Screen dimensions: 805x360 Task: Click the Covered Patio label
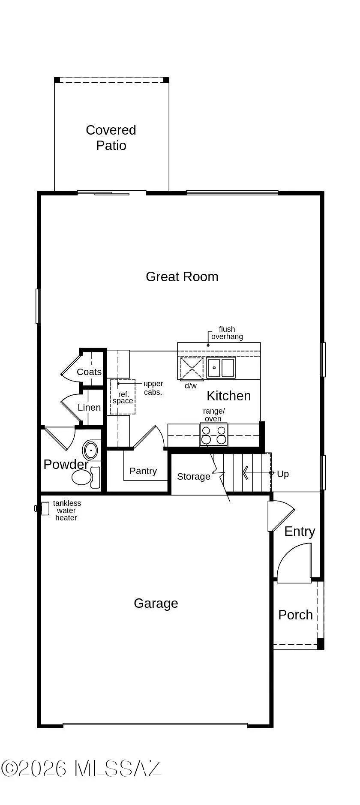pos(111,138)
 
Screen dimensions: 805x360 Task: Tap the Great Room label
pos(182,276)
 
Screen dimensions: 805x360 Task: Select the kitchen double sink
pos(221,368)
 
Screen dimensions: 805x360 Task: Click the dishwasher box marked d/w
pos(192,368)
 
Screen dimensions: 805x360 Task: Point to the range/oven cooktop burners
pos(213,435)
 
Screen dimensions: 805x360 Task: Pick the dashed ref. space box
pos(123,397)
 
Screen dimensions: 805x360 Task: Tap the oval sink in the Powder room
pos(90,451)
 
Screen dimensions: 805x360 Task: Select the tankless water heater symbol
pos(43,508)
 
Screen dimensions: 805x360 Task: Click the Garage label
pos(156,603)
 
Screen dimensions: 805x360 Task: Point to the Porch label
pos(295,615)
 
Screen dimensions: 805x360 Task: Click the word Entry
pos(300,531)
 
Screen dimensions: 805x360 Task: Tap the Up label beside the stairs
pos(283,474)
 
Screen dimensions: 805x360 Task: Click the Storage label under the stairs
pos(193,476)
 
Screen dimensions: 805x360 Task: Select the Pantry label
pos(143,471)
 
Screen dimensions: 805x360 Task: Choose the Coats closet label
pos(89,372)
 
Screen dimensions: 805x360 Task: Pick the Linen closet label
pos(89,407)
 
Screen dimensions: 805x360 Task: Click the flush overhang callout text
pos(227,333)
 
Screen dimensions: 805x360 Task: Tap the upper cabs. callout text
pos(153,387)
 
